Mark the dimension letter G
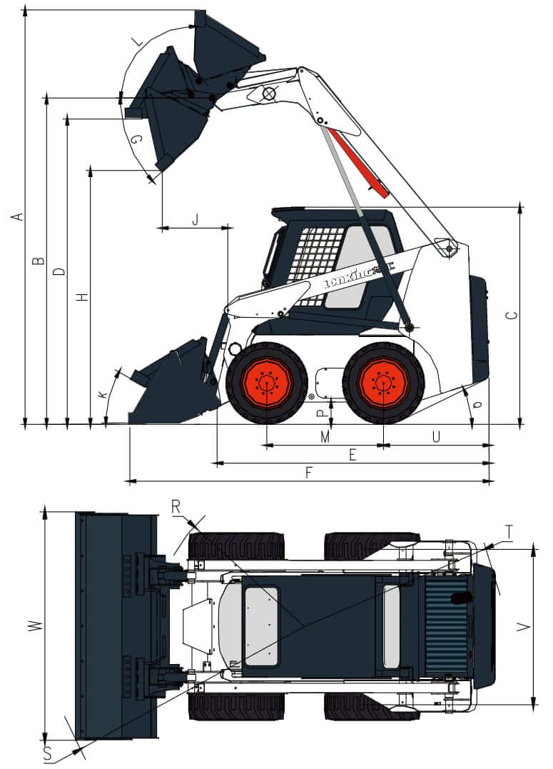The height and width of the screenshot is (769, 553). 136,140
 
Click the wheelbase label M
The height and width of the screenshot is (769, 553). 325,436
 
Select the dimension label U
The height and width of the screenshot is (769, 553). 436,436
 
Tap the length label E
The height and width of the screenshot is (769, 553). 352,455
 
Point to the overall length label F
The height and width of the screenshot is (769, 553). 308,473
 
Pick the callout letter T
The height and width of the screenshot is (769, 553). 508,531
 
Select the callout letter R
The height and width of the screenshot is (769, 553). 176,507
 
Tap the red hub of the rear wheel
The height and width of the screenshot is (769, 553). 383,383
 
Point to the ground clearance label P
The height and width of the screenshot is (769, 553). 322,411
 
